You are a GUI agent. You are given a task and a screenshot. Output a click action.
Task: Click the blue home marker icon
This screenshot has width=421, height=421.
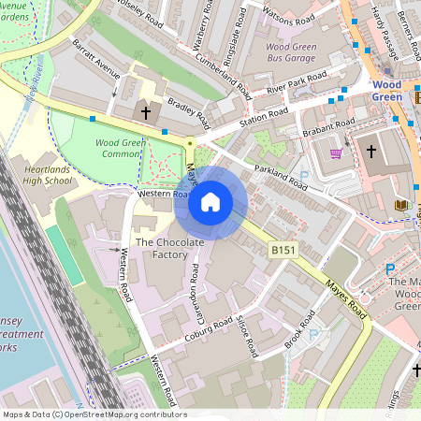click(210, 202)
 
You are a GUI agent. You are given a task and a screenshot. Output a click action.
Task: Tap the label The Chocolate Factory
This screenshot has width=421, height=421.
click(169, 248)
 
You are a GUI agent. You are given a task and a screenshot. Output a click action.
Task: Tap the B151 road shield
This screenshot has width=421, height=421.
click(283, 250)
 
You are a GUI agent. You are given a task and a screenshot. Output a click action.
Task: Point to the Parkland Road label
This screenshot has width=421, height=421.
click(282, 177)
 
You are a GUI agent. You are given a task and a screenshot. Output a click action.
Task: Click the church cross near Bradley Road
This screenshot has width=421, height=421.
click(145, 113)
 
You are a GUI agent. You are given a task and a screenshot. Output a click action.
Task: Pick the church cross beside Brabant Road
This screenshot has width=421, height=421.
click(370, 150)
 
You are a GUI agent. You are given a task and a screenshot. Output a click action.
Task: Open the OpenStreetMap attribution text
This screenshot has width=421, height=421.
click(94, 414)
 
